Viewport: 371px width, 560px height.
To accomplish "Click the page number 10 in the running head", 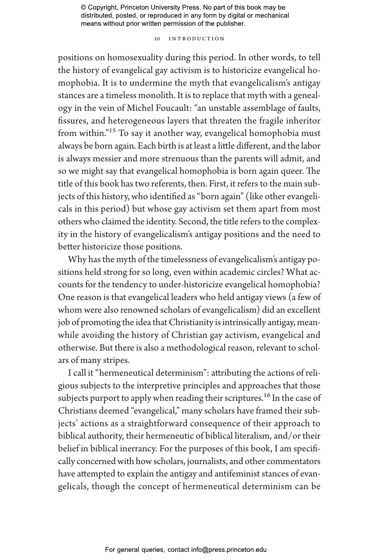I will click(157, 39).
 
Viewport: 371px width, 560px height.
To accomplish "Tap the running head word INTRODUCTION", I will click(197, 39).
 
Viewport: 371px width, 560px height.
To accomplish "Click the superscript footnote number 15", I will click(112, 131).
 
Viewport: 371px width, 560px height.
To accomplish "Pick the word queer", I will click(291, 171).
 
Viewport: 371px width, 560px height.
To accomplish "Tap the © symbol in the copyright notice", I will click(84, 8).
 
